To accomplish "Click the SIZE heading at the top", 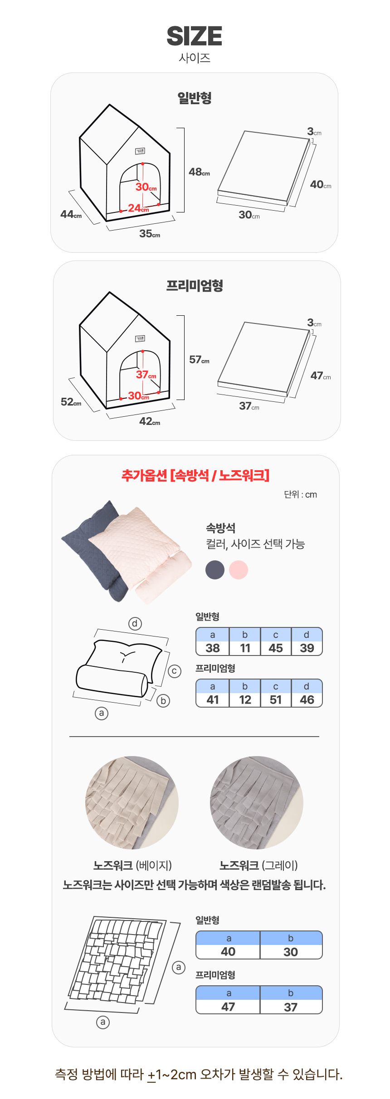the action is pos(195,36).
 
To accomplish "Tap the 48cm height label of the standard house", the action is pos(200,172).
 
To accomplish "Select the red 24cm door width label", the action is pos(138,208).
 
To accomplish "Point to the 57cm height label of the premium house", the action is pos(200,360).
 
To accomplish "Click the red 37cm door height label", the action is pos(146,375).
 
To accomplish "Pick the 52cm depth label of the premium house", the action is pos(71,402).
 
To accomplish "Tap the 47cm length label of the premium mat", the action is pos(321,376).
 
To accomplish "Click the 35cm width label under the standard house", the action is pos(150,234).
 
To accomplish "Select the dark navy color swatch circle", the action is pos(215,570).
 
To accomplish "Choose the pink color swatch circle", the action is pos(239,570).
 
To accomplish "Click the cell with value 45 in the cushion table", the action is pos(276,648).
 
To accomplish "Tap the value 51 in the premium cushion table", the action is pos(276,700).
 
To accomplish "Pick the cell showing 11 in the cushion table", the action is pos(245,648).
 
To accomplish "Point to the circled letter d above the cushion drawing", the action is pos(135,624).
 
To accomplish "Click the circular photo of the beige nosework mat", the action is pos(132,802).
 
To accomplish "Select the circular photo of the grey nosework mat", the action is pos(257,802).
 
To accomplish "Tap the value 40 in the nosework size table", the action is pos(228,952).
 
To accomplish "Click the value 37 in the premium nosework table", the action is pos(291,1007).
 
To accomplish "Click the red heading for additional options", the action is pos(195,475).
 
